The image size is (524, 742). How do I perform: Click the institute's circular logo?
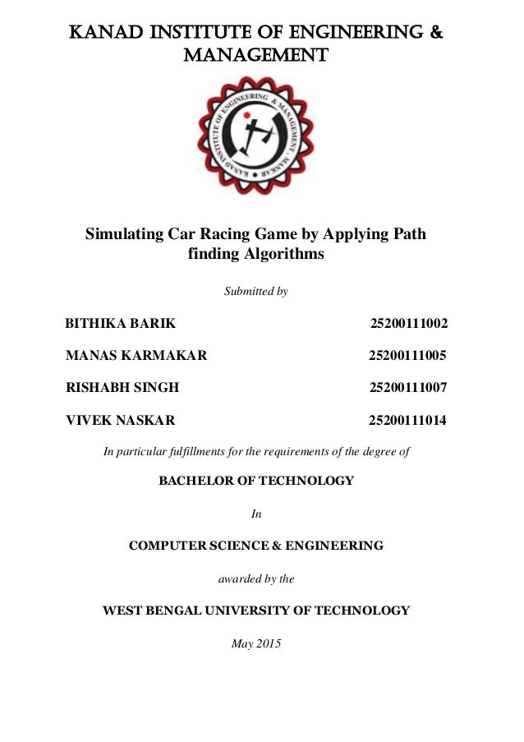pyautogui.click(x=255, y=136)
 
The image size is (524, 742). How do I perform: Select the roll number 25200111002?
pyautogui.click(x=409, y=323)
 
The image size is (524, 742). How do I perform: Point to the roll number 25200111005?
pyautogui.click(x=407, y=355)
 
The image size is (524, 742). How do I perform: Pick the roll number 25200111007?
pyautogui.click(x=408, y=388)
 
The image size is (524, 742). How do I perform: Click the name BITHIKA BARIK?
pyautogui.click(x=120, y=323)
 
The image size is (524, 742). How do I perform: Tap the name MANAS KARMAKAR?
pyautogui.click(x=136, y=355)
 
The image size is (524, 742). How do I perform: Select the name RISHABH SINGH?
pyautogui.click(x=122, y=388)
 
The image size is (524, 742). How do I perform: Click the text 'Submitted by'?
pyautogui.click(x=255, y=292)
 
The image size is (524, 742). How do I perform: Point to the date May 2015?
pyautogui.click(x=255, y=643)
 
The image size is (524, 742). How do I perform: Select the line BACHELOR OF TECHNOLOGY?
pyautogui.click(x=255, y=481)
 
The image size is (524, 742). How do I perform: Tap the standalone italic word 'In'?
pyautogui.click(x=255, y=514)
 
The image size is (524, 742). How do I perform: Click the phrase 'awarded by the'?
pyautogui.click(x=255, y=578)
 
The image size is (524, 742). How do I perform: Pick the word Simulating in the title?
pyautogui.click(x=124, y=233)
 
